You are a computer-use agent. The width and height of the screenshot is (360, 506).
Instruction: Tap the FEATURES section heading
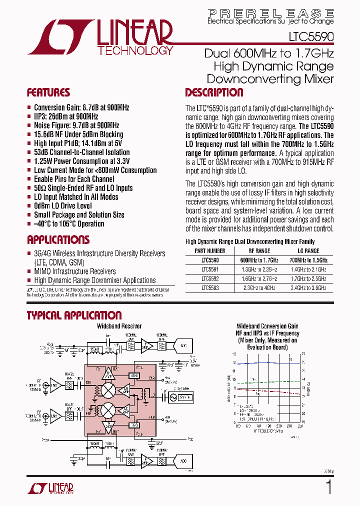[48, 93]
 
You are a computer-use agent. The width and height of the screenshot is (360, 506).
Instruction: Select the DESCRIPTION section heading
[214, 93]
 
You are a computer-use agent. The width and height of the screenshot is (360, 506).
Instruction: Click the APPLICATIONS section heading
[58, 240]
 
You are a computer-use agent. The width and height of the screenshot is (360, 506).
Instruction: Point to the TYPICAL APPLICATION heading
[73, 315]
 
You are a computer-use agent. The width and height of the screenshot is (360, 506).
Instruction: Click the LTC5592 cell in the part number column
[210, 279]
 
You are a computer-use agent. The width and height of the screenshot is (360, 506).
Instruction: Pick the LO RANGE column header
[308, 251]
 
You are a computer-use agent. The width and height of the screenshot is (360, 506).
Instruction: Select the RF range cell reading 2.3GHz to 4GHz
[258, 288]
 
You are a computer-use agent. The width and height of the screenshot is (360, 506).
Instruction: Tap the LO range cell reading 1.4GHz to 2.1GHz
[308, 269]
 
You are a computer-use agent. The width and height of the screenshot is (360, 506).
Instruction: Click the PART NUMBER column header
[210, 251]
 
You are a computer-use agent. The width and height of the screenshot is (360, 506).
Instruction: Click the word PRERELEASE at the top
[270, 13]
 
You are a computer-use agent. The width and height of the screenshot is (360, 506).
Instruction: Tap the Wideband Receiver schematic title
[119, 326]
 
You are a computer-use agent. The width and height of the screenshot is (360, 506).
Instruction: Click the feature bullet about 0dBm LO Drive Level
[62, 206]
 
